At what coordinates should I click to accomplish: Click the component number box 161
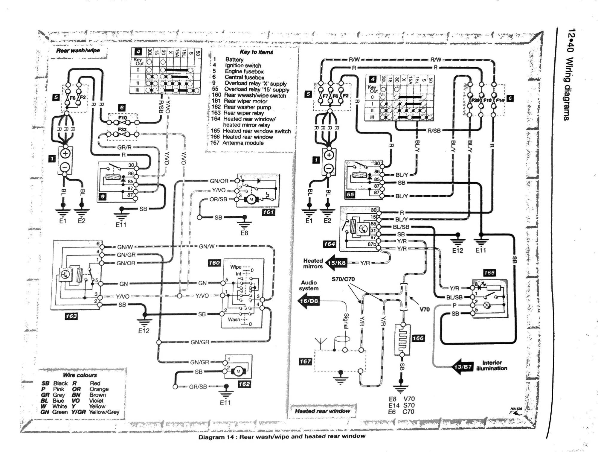coord(268,212)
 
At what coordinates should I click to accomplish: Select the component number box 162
coord(244,384)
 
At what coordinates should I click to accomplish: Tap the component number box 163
coord(71,316)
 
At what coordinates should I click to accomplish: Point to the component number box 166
coord(418,338)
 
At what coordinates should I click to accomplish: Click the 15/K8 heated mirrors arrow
coord(336,263)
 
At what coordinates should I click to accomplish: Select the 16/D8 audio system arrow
coord(309,301)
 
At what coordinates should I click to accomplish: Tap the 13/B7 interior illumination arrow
coord(462,367)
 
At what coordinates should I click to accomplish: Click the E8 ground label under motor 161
coord(244,233)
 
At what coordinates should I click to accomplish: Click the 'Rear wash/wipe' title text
coord(78,51)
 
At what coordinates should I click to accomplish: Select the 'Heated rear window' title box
coord(322,411)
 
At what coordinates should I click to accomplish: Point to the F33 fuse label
coord(122,130)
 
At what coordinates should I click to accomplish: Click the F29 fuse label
coord(475,101)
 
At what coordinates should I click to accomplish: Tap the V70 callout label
coord(424,309)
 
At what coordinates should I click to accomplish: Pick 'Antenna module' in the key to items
coord(243,143)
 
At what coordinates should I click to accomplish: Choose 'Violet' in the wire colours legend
coord(96,401)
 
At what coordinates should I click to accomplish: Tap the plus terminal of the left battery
coord(65,154)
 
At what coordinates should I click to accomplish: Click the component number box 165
coord(489,273)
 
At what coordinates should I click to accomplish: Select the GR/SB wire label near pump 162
coord(198,386)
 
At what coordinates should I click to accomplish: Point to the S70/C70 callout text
coord(343,279)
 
